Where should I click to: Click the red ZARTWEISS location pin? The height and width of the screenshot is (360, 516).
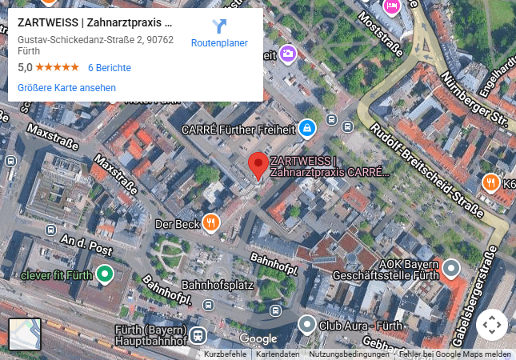click(257, 164)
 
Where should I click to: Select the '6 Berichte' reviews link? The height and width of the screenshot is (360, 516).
click(109, 68)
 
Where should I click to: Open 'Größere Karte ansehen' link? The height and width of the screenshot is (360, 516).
click(66, 88)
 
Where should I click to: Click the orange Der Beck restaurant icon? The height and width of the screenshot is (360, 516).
click(211, 223)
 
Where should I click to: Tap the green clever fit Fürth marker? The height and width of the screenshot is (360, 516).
click(104, 276)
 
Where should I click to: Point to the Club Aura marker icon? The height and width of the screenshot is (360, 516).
click(307, 325)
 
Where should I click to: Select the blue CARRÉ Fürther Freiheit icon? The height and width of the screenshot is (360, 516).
click(306, 128)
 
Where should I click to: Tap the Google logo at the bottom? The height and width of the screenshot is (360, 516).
click(258, 339)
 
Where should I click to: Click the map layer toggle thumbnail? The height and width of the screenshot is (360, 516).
click(24, 334)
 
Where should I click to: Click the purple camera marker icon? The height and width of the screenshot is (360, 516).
click(287, 54)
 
